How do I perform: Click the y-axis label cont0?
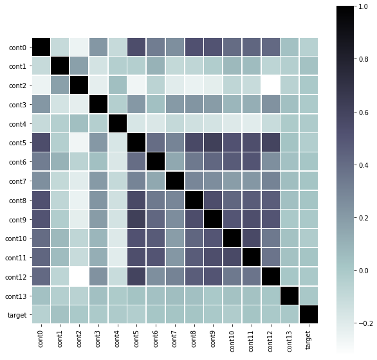tap(17, 48)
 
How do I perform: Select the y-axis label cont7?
tap(17, 181)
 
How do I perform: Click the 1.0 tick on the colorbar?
tap(365, 6)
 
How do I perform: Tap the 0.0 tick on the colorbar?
tap(365, 271)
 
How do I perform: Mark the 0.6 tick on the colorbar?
tap(365, 113)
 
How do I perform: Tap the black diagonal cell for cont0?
tap(42, 48)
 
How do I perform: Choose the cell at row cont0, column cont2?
tap(80, 48)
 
